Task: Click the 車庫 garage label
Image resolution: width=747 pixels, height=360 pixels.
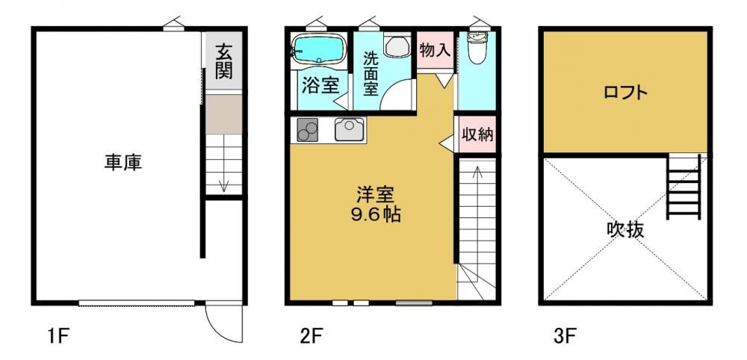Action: tap(123, 164)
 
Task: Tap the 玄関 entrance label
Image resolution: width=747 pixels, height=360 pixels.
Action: tap(223, 61)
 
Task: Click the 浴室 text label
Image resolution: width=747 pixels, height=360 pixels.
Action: tap(320, 86)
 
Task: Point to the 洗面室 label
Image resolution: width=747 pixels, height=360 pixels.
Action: tap(371, 74)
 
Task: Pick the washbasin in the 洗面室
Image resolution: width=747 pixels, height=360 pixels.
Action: tap(397, 46)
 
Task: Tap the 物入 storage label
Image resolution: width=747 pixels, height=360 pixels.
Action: tap(435, 50)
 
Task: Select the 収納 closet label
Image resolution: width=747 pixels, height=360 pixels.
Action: tap(477, 134)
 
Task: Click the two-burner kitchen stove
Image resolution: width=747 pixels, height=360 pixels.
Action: tap(307, 129)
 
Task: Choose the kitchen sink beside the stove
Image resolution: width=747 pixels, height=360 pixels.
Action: tap(349, 129)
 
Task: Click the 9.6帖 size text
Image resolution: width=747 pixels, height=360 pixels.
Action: tap(376, 215)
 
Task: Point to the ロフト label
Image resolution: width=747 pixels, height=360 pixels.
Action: tap(625, 93)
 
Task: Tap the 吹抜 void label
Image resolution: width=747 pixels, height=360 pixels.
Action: tap(625, 231)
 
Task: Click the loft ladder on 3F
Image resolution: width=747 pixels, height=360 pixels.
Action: tap(684, 187)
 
